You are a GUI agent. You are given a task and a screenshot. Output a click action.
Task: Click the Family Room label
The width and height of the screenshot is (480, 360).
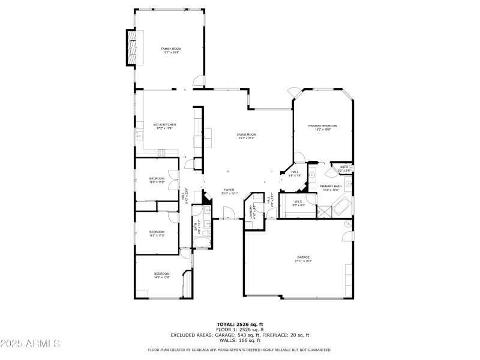click(171, 50)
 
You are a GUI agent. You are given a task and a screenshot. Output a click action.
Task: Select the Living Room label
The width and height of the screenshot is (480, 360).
click(246, 136)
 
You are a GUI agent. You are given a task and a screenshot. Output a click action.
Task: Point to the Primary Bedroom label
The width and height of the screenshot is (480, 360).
click(323, 127)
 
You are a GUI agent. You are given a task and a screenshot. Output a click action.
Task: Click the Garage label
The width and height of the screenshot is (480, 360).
click(302, 259)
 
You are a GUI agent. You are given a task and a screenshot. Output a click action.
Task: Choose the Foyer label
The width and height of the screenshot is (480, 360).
click(229, 191)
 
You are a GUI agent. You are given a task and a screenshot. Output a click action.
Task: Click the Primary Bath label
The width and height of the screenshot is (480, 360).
click(331, 188)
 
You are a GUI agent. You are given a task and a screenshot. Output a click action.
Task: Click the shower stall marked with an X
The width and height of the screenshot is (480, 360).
click(325, 211)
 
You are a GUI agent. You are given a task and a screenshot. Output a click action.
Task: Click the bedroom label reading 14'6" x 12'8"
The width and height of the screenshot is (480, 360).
click(161, 275)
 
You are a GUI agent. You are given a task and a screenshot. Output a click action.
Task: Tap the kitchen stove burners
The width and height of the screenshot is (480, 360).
click(161, 152)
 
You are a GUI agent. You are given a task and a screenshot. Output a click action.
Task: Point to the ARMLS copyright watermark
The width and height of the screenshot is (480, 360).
click(30, 344)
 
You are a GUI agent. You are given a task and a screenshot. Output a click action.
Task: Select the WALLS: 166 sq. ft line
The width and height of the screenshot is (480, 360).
click(239, 340)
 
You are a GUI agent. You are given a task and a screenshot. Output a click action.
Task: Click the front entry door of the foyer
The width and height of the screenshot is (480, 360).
click(227, 213)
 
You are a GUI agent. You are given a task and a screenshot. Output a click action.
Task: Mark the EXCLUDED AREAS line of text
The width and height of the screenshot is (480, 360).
click(239, 335)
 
